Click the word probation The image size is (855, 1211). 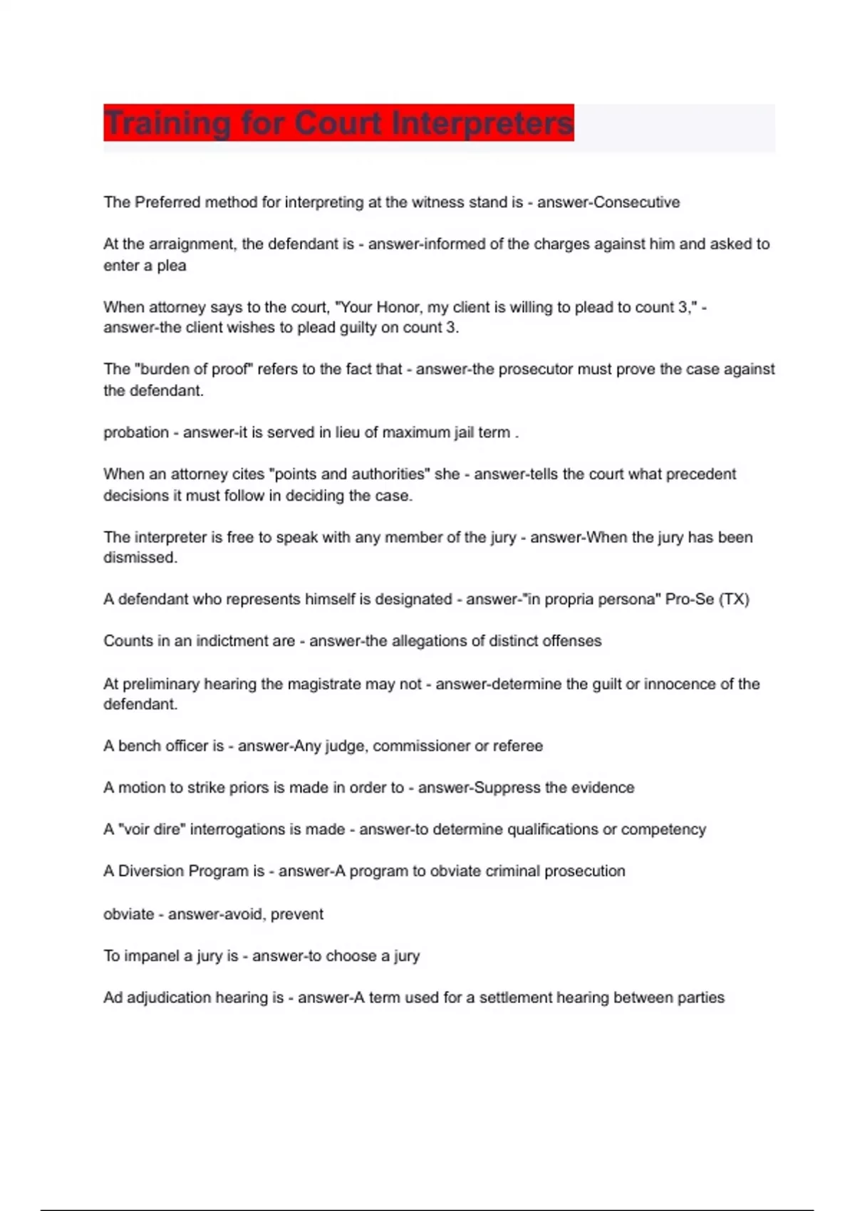coord(136,432)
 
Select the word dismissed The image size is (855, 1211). coord(139,558)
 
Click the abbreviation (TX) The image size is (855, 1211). coord(734,599)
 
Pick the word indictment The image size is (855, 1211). coord(245,641)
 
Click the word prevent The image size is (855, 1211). coord(297,914)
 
